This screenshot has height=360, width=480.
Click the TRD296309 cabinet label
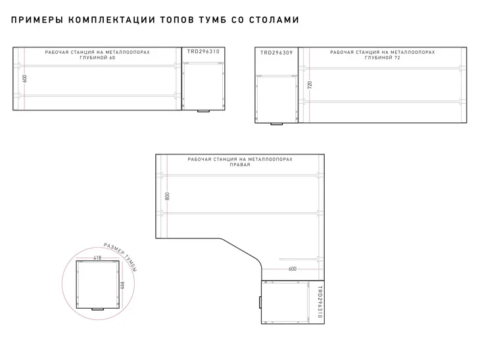tap(276, 53)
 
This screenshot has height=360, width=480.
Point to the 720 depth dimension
tap(310, 85)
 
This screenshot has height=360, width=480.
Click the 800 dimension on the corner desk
tap(167, 196)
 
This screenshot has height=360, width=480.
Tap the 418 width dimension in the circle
tap(97, 258)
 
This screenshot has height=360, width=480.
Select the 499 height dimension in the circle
tap(121, 286)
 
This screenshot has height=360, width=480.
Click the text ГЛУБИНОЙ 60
tap(97, 58)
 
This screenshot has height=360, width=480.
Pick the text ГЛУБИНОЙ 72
tap(382, 58)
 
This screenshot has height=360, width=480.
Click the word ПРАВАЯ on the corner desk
tap(240, 164)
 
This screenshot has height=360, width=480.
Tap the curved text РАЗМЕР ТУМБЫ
tap(120, 257)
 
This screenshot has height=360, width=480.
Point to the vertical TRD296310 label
tap(320, 302)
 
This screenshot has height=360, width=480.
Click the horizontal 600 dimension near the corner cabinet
tap(293, 269)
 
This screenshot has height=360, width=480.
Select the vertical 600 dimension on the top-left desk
tap(25, 79)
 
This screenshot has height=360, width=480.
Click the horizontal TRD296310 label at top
tap(203, 51)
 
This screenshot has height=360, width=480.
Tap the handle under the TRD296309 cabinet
tap(276, 124)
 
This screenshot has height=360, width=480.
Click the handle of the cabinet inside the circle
tap(98, 309)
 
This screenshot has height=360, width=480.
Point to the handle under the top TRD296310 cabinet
tap(203, 111)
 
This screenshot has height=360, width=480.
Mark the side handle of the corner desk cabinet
tap(260, 302)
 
